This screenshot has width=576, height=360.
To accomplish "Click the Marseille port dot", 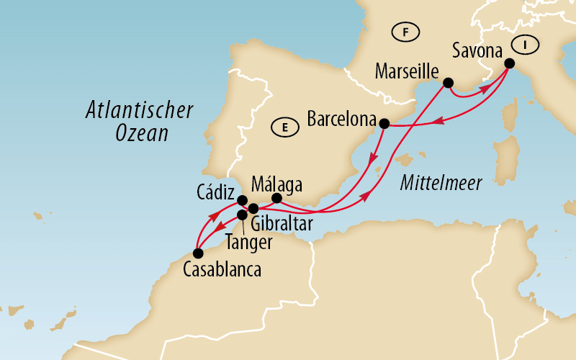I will point(447,82).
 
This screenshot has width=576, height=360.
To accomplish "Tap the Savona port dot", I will point(509,63).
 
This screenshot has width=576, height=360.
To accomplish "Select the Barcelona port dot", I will point(384,123).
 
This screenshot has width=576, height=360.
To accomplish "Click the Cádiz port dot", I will point(243,201).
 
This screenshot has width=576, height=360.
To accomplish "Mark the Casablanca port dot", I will point(197,253).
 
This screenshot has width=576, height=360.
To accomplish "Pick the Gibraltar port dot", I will point(253,209).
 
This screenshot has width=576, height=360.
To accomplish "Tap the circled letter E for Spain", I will point(285,128).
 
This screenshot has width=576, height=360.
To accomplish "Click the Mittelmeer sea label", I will point(440,184).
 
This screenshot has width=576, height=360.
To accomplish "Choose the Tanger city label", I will point(248,243).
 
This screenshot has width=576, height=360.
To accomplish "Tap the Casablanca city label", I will point(222,271).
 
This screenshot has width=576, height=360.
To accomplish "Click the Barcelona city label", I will point(342,118).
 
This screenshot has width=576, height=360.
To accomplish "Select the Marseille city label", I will point(408,71).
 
